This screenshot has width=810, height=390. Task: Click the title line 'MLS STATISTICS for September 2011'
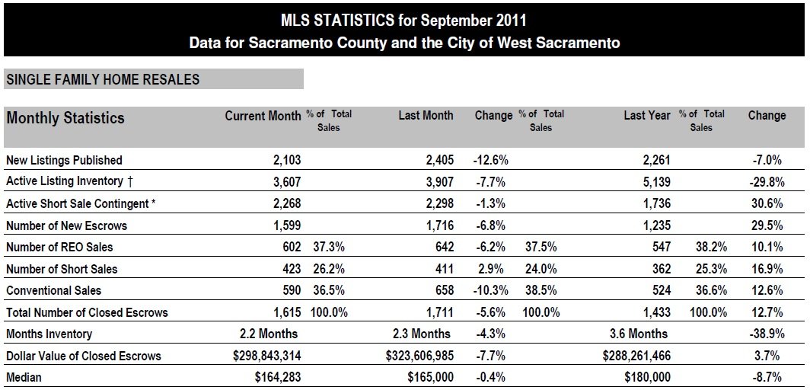pyautogui.click(x=404, y=18)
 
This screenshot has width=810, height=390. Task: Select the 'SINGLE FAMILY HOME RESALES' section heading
pyautogui.click(x=102, y=79)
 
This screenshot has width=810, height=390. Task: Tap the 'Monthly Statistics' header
pyautogui.click(x=65, y=118)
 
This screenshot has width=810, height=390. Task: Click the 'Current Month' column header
pyautogui.click(x=263, y=116)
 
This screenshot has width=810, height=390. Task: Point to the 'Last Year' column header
pyautogui.click(x=646, y=116)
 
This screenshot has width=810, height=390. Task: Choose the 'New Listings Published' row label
pyautogui.click(x=64, y=160)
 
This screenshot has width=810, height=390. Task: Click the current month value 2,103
pyautogui.click(x=285, y=160)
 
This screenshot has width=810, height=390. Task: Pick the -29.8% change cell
pyautogui.click(x=767, y=181)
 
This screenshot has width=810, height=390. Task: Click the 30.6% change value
pyautogui.click(x=767, y=203)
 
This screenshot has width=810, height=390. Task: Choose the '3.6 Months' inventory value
pyautogui.click(x=637, y=334)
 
